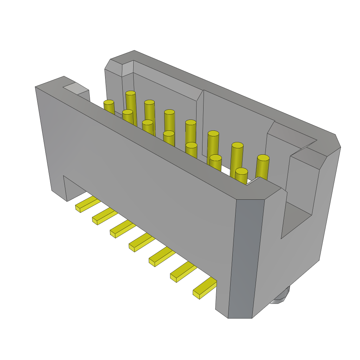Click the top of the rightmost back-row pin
[x=263, y=158]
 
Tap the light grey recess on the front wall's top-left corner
[x=75, y=88]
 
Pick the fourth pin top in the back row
[x=191, y=122]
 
